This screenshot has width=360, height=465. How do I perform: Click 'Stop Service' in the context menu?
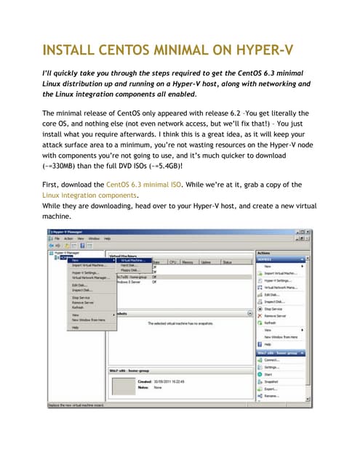tap(81, 297)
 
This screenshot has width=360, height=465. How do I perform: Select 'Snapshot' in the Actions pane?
tap(273, 381)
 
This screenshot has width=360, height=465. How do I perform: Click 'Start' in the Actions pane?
tap(269, 374)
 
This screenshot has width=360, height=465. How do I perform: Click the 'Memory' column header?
tap(187, 262)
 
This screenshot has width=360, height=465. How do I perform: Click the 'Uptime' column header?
tap(206, 262)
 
